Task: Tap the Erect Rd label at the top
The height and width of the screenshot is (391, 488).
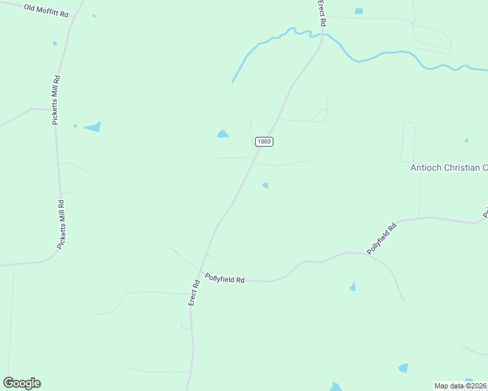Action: click(322, 13)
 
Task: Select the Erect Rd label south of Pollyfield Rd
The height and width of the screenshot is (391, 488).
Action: click(194, 293)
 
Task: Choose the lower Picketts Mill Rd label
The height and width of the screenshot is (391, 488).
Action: click(62, 224)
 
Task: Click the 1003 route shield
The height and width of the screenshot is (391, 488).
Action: click(264, 141)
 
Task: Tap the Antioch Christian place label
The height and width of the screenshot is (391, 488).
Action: click(449, 168)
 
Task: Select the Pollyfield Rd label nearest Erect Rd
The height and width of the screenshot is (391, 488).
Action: click(224, 278)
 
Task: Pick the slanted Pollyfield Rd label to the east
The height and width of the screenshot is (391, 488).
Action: click(382, 239)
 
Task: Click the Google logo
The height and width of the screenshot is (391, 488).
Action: click(22, 383)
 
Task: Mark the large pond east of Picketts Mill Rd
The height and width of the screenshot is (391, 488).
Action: click(93, 127)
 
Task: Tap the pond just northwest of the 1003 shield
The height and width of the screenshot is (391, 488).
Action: click(222, 134)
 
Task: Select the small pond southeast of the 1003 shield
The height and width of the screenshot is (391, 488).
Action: click(265, 186)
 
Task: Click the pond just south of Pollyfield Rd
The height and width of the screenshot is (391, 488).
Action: click(352, 287)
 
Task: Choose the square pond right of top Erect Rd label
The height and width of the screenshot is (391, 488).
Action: click(358, 11)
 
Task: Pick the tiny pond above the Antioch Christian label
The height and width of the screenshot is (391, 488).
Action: click(466, 140)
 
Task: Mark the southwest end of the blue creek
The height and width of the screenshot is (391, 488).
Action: click(232, 82)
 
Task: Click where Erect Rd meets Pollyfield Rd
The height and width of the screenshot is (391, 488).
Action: click(203, 274)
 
